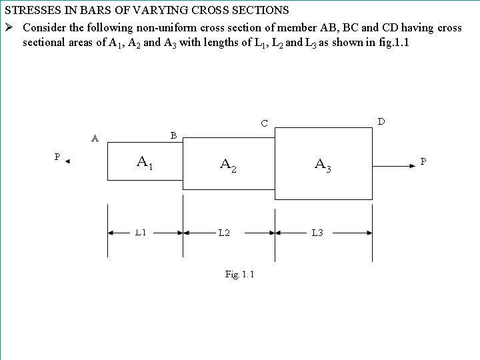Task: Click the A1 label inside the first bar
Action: coord(145,162)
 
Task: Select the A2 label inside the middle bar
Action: coord(228,165)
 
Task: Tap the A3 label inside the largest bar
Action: coord(323,165)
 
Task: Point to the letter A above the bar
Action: coord(95,139)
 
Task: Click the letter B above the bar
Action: coord(173,135)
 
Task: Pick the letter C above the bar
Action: coord(265,123)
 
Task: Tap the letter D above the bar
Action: coord(381,121)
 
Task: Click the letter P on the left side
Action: coord(57,157)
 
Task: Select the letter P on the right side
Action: coord(423,161)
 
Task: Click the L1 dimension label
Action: coord(141,233)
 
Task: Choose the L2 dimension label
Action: coord(224,233)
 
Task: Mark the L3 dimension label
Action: coord(317,233)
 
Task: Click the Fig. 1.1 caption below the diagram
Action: coord(239,274)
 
